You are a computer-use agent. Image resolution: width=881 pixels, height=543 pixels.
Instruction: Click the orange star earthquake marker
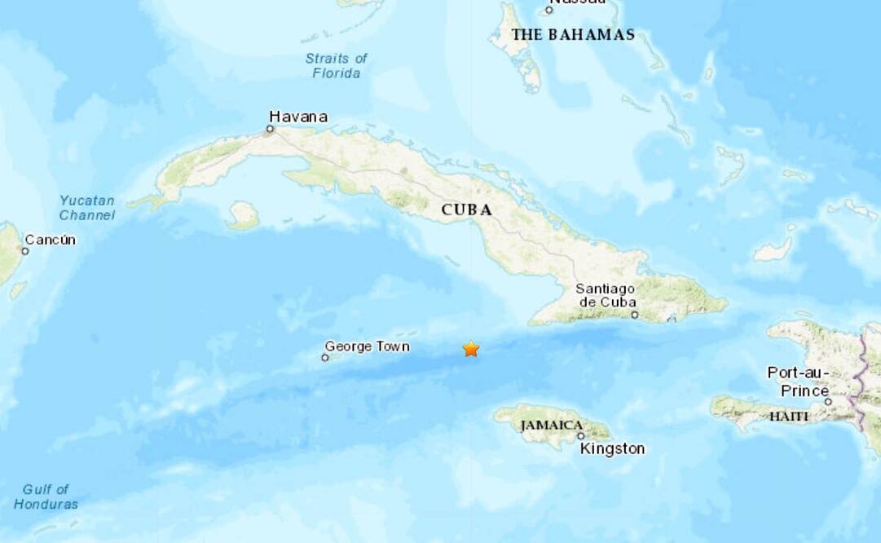[x=471, y=349]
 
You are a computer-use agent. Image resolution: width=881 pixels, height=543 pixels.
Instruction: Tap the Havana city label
[x=298, y=117]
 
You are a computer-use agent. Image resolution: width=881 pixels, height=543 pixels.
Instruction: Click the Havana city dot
[x=271, y=129]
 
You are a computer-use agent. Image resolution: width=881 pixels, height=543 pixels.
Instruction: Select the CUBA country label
[x=467, y=210]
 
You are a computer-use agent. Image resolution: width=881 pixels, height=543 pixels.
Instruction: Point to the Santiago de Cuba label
[x=605, y=295]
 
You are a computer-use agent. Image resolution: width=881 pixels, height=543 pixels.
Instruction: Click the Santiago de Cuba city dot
[x=634, y=315]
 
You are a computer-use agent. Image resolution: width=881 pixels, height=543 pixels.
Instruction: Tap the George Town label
[x=367, y=347]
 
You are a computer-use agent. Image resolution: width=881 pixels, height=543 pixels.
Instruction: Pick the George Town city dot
[x=325, y=357]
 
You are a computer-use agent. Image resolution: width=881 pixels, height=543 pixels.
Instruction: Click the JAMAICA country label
[x=552, y=425]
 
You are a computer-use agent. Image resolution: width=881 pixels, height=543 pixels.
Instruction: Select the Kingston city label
[x=612, y=448]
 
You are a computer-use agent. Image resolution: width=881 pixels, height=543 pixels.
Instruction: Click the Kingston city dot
[x=581, y=436]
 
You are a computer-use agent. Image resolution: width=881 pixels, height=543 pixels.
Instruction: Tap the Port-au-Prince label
[x=798, y=382]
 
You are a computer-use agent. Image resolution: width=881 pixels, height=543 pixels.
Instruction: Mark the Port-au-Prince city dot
[x=828, y=401]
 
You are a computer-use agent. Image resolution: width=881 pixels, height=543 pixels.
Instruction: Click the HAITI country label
[x=789, y=417]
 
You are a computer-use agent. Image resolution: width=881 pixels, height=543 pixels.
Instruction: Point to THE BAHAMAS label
[x=573, y=34]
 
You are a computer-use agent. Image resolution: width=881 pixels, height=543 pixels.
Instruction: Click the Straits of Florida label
[x=336, y=65]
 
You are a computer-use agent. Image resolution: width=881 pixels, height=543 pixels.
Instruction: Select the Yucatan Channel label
[x=87, y=208]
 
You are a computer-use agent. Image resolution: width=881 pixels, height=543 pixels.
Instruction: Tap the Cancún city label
[x=51, y=240]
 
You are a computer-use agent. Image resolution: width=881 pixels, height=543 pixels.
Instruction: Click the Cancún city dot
[x=24, y=251]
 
